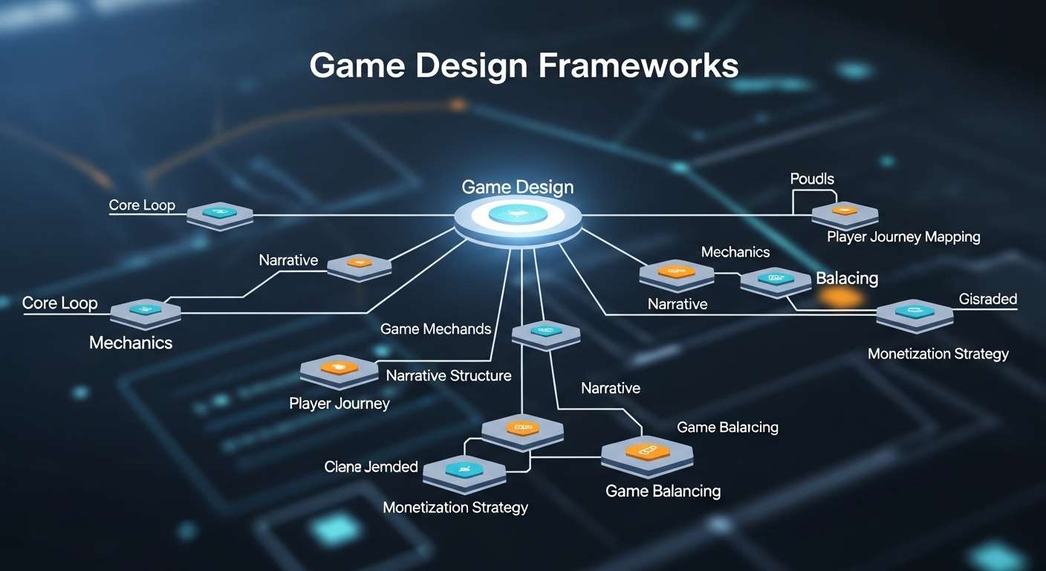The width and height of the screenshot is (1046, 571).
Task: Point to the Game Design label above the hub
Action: tap(517, 187)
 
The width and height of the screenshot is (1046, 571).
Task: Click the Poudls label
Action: tap(812, 179)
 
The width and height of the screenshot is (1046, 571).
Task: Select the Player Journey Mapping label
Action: tap(903, 237)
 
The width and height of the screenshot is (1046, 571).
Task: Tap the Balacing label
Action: tap(847, 279)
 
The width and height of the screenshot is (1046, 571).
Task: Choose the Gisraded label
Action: tap(987, 299)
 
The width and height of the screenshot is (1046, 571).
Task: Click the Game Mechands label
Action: tap(435, 329)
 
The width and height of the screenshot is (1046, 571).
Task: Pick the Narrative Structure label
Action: tap(449, 375)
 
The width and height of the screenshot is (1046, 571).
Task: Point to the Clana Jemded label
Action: tap(371, 467)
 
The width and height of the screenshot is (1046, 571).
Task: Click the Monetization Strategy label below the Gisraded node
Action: tap(938, 354)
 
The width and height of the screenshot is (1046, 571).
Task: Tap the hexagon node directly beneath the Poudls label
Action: tap(845, 213)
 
